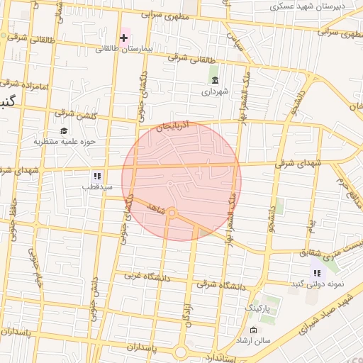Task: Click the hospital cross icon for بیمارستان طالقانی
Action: click(x=123, y=37)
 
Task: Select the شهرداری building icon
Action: click(x=215, y=79)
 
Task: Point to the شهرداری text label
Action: click(x=215, y=91)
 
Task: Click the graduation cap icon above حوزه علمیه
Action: click(x=64, y=130)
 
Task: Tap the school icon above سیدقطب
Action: click(x=97, y=175)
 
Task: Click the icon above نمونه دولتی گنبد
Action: click(x=317, y=272)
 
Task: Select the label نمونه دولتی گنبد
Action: click(x=317, y=284)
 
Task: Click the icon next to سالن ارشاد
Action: click(x=254, y=330)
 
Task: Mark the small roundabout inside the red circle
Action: click(x=172, y=212)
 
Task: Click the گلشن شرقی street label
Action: click(x=74, y=113)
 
